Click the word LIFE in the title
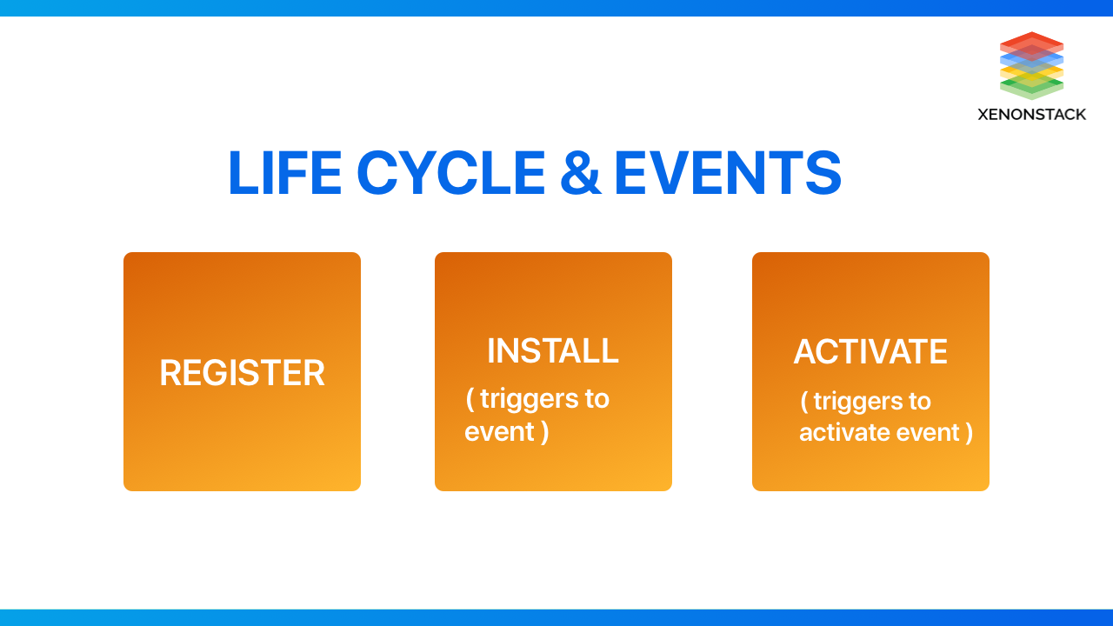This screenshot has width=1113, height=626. (285, 173)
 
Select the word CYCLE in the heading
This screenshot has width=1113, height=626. (451, 173)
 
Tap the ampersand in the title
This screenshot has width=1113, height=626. (580, 173)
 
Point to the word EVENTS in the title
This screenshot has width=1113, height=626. (728, 173)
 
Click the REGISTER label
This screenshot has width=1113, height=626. (242, 373)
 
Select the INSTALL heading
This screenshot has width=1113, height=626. (552, 350)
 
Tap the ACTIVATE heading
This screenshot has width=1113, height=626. (870, 351)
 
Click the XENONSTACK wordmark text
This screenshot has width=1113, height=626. (1031, 115)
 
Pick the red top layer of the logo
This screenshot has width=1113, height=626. (1031, 43)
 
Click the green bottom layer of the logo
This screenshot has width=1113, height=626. (1031, 88)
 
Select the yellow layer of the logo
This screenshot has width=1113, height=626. (1031, 75)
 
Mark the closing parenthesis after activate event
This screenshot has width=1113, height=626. (969, 433)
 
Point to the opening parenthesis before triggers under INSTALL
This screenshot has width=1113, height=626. (470, 399)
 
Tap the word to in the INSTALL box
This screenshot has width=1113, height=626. (596, 399)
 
